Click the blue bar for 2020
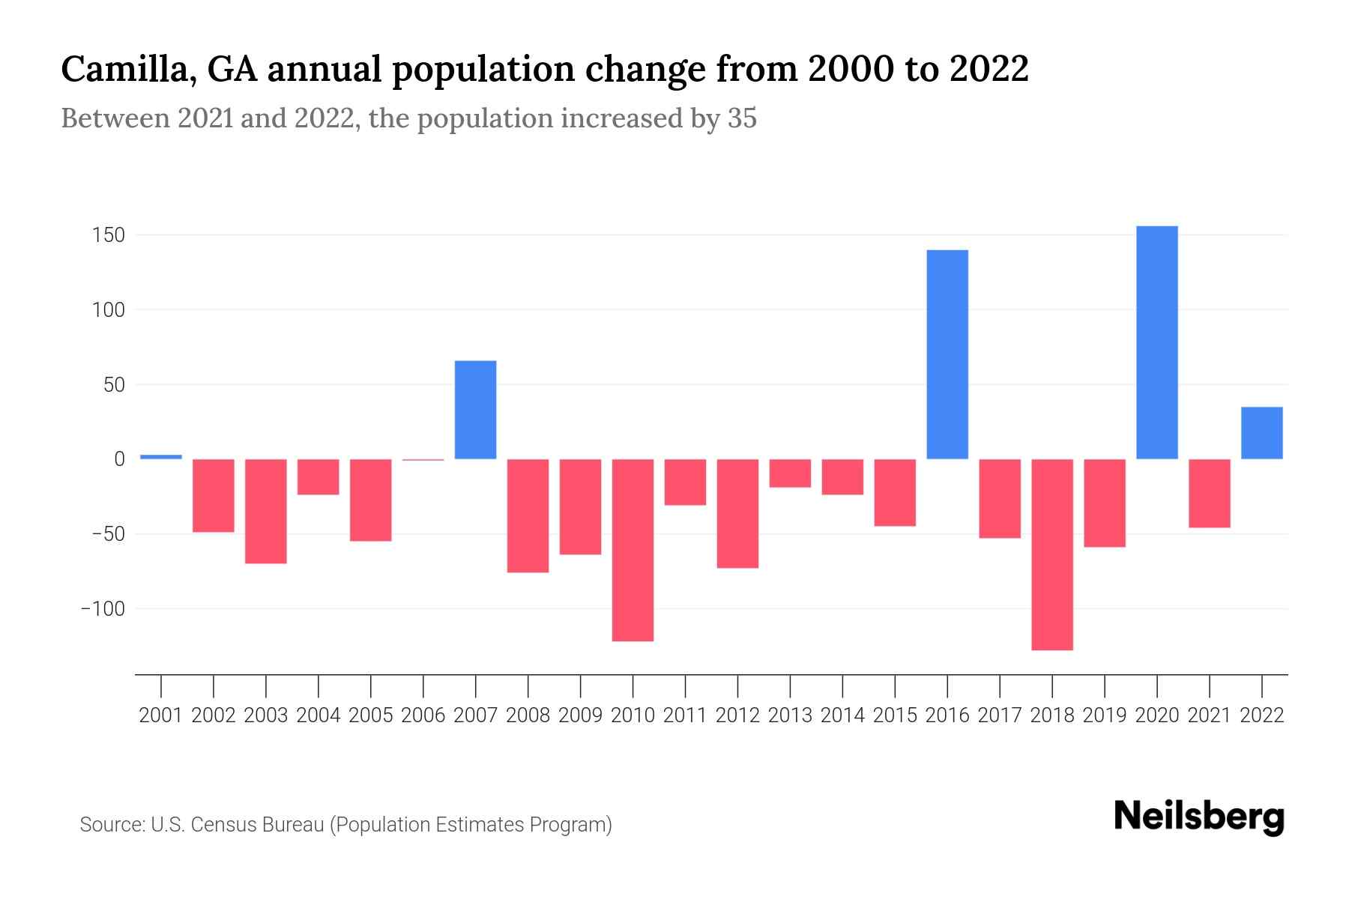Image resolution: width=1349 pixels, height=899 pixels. [x=1156, y=342]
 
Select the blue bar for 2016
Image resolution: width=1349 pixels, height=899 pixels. [x=947, y=354]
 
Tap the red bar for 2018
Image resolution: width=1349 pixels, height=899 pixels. [x=1052, y=554]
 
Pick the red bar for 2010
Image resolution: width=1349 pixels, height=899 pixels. [x=633, y=550]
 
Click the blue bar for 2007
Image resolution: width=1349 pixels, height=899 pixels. [x=475, y=410]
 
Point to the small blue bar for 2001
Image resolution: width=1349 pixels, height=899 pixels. [x=161, y=456]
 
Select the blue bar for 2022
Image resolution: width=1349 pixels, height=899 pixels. [x=1261, y=433]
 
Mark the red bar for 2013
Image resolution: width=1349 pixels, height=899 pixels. [x=790, y=473]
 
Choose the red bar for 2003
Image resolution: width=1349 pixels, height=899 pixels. [x=266, y=511]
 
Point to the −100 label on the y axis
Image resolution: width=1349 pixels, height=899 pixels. [x=103, y=608]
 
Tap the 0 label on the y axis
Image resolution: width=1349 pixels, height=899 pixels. [x=119, y=459]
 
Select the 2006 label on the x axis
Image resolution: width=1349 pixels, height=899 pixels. [x=423, y=715]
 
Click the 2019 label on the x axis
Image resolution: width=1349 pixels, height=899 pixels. [x=1105, y=715]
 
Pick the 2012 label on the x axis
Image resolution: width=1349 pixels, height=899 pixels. [x=737, y=715]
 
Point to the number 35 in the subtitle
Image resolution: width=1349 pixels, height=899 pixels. [x=742, y=118]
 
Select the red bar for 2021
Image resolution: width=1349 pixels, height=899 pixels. [x=1209, y=493]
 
